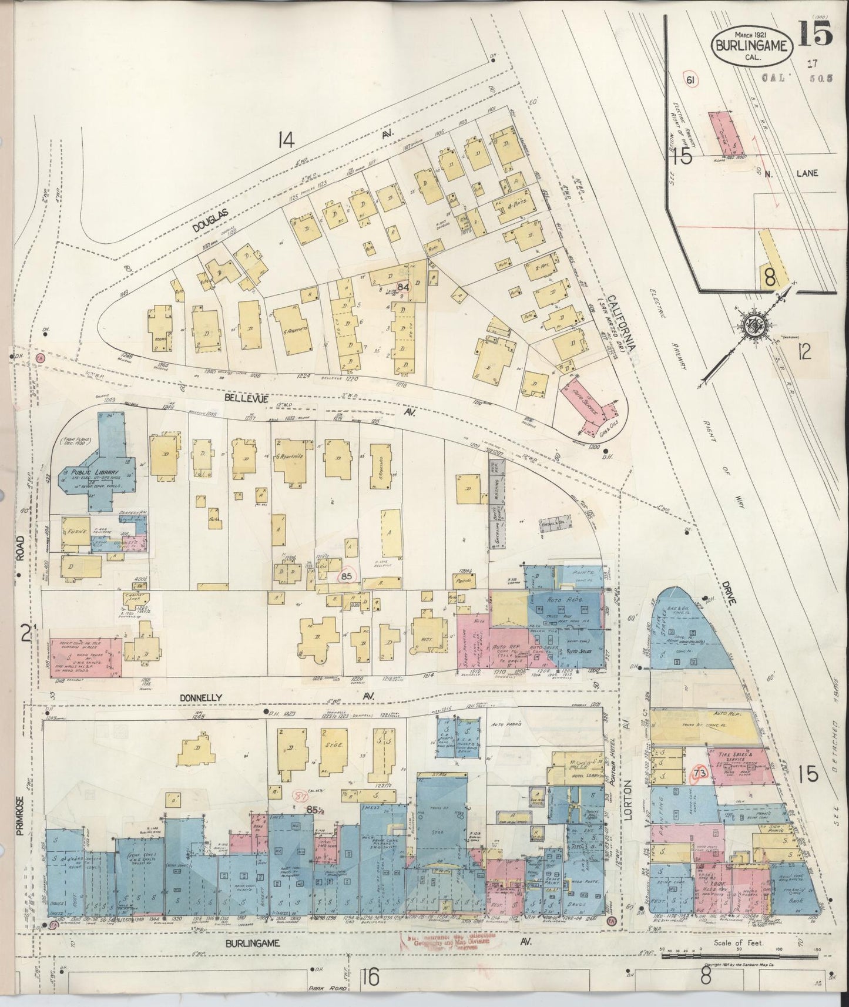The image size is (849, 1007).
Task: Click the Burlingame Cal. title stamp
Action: point(750,44)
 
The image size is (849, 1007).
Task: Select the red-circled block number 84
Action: point(403,286)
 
